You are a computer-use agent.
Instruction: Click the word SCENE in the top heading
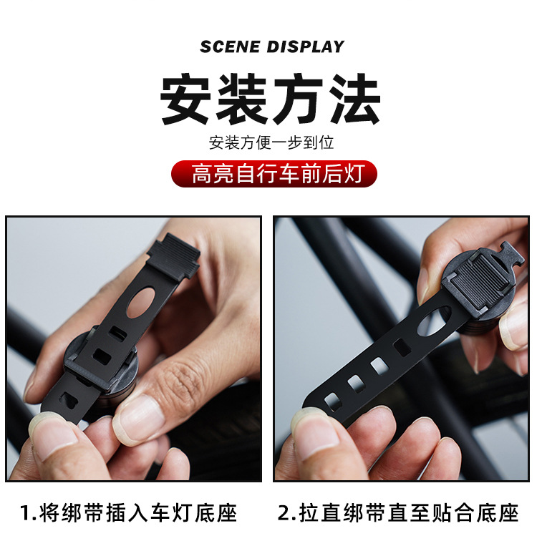(230, 47)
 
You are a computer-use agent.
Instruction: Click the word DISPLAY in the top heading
(306, 47)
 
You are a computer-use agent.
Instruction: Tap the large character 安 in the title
(185, 99)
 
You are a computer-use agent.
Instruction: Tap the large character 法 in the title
(355, 99)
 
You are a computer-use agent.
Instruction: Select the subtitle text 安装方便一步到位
(271, 142)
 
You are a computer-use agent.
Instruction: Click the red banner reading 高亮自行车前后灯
(274, 173)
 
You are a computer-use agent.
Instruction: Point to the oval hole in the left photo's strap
(141, 302)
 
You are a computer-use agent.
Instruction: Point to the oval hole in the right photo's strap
(434, 322)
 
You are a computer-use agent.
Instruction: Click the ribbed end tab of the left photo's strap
(174, 254)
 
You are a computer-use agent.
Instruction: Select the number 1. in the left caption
(28, 513)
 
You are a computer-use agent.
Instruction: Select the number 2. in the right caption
(287, 513)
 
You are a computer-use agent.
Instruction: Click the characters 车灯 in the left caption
(170, 513)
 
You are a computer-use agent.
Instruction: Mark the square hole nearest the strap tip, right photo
(333, 401)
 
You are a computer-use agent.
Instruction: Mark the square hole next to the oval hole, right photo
(402, 347)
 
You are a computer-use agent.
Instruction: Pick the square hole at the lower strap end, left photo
(69, 400)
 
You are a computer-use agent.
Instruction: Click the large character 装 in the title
(242, 99)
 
